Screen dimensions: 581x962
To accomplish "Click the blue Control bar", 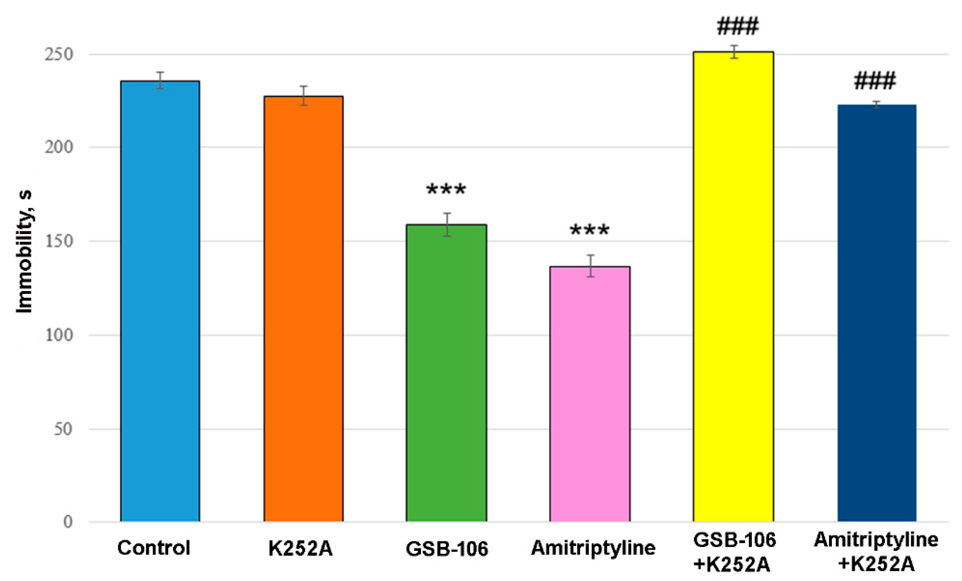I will pyautogui.click(x=160, y=301).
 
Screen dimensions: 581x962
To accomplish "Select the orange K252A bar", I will pyautogui.click(x=303, y=308).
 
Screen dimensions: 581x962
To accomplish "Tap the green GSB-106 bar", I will pyautogui.click(x=446, y=373).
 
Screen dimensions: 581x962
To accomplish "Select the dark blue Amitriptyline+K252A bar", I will pyautogui.click(x=877, y=312).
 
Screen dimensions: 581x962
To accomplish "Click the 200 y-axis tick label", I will pyautogui.click(x=59, y=147).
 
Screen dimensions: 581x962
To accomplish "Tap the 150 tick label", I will pyautogui.click(x=59, y=241).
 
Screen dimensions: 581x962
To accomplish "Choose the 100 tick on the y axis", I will pyautogui.click(x=59, y=335).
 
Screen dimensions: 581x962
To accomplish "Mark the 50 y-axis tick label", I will pyautogui.click(x=63, y=429).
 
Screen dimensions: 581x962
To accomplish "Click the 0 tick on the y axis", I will pyautogui.click(x=68, y=522).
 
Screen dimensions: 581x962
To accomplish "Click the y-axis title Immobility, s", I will pyautogui.click(x=24, y=252).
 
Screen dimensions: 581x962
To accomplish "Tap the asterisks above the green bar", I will pyautogui.click(x=446, y=190).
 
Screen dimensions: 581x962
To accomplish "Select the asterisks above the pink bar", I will pyautogui.click(x=590, y=230).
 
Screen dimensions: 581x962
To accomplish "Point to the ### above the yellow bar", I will pyautogui.click(x=737, y=27).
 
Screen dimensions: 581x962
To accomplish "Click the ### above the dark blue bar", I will pyautogui.click(x=875, y=81).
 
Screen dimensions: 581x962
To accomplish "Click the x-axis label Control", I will pyautogui.click(x=154, y=548).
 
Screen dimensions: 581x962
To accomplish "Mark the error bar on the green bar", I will pyautogui.click(x=447, y=225).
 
